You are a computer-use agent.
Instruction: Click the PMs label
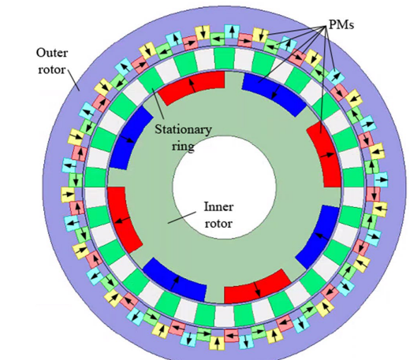tap(341, 24)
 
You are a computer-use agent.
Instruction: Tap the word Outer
tap(52, 53)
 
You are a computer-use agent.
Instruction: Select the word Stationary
tap(183, 129)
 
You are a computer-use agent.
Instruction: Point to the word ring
tap(183, 146)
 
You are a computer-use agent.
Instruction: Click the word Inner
tap(218, 206)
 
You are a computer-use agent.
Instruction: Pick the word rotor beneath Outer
tap(51, 70)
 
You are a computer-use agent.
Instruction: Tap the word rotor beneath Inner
tap(218, 224)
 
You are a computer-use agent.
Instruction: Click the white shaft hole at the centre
tap(224, 187)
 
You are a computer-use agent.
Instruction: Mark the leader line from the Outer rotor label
tap(74, 80)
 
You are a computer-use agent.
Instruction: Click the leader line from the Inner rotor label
tap(182, 217)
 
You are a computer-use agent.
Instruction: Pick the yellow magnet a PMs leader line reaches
tap(260, 35)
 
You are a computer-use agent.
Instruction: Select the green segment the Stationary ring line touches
tap(151, 80)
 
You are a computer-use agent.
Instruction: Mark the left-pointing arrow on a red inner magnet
tap(122, 220)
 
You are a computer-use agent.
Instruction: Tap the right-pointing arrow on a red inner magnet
tap(326, 155)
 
